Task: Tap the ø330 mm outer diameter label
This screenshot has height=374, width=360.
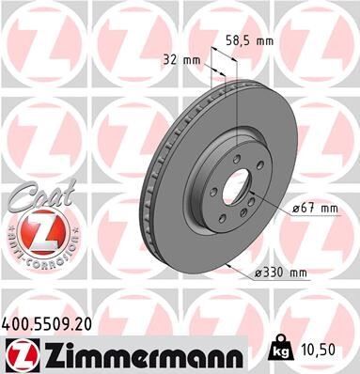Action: (x=281, y=273)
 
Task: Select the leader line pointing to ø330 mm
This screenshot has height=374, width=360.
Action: (x=241, y=267)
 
